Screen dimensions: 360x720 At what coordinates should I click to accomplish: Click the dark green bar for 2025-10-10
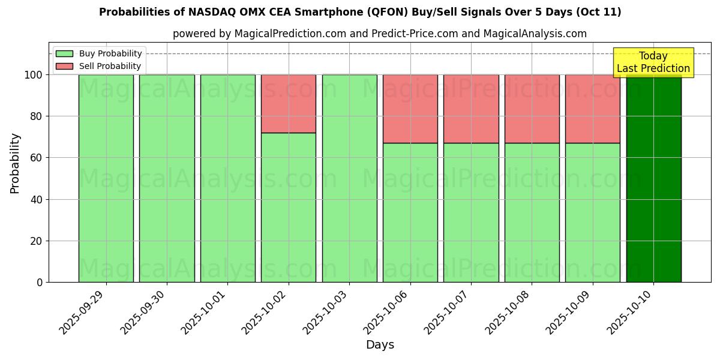click(653, 180)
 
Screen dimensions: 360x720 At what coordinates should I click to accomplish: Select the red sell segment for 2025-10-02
click(289, 104)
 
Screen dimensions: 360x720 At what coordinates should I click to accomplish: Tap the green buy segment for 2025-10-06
click(410, 212)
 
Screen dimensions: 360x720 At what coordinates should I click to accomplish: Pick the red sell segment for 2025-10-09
click(593, 109)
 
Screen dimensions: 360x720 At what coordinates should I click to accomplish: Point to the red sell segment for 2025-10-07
click(471, 109)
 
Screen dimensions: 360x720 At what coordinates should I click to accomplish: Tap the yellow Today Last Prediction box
click(653, 62)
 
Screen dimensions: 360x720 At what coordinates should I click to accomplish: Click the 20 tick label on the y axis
click(37, 241)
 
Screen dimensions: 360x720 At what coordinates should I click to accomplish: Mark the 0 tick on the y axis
click(40, 283)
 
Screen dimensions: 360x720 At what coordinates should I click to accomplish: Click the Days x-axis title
click(380, 345)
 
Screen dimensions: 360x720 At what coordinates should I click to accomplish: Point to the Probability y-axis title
click(15, 163)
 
